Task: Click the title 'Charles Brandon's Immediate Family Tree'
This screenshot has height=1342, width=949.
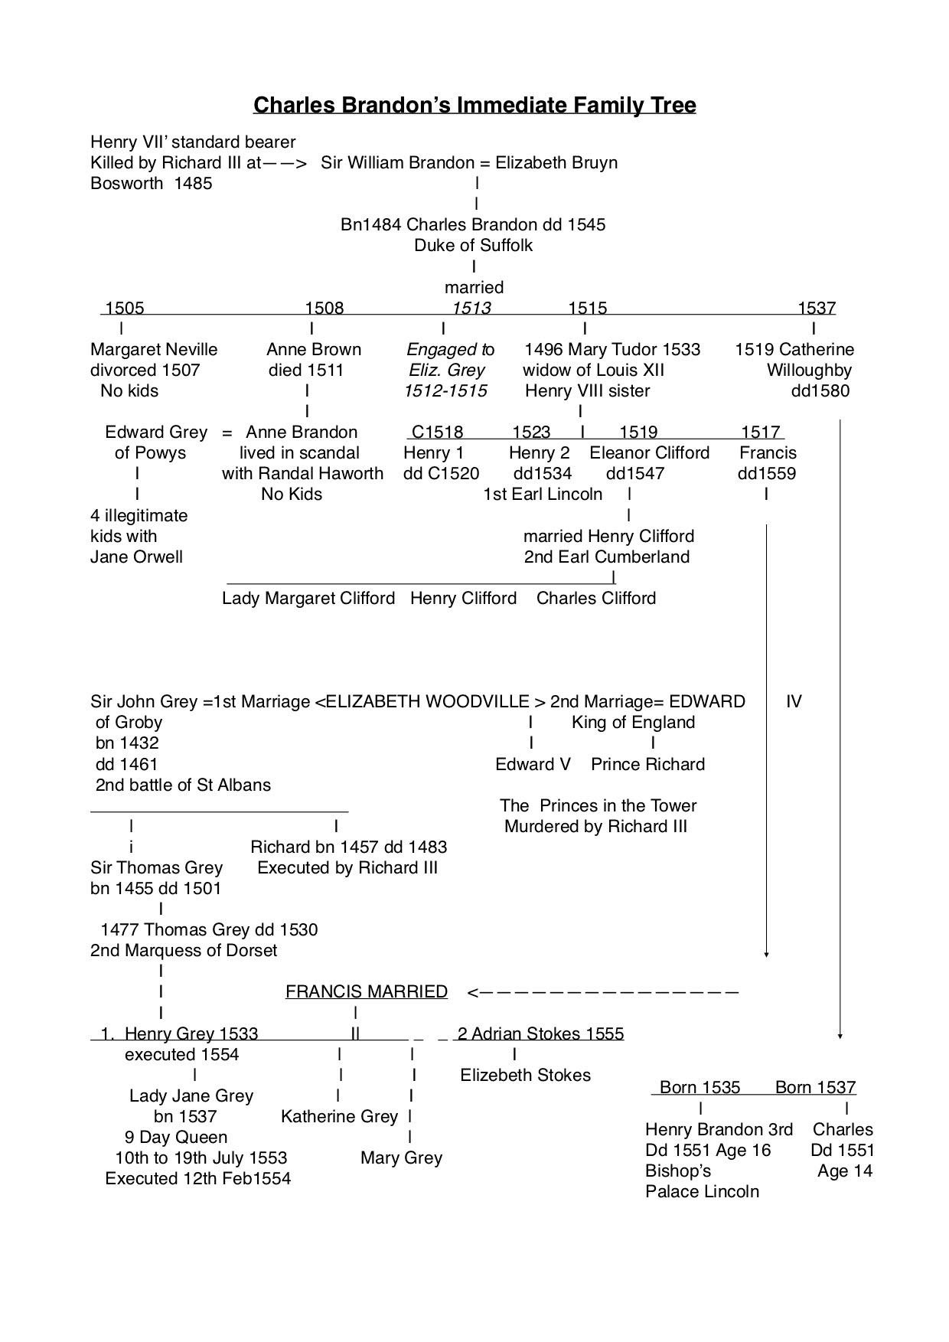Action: [x=475, y=104]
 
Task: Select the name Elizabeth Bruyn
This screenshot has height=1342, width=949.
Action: [x=556, y=162]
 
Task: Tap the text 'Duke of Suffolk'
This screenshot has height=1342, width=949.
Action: [x=473, y=245]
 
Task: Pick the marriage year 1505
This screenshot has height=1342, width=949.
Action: [x=124, y=308]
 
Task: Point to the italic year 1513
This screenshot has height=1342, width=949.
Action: [x=471, y=308]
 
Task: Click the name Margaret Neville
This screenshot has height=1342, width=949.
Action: [x=154, y=349]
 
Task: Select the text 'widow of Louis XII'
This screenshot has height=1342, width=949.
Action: [x=593, y=370]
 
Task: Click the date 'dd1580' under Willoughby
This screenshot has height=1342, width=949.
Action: [x=820, y=390]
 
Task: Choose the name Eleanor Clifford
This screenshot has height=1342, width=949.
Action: [x=649, y=452]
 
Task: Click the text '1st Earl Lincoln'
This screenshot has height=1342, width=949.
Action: [x=543, y=494]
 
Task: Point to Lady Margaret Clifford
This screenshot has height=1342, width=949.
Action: [x=308, y=598]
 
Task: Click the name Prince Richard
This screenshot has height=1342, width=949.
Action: [x=647, y=764]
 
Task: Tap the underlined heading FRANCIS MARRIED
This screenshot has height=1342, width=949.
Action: [x=367, y=991]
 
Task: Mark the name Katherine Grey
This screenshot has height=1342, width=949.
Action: [x=339, y=1116]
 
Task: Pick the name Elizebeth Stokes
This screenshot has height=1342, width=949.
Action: [x=525, y=1075]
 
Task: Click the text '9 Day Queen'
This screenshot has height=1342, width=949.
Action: [x=176, y=1137]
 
